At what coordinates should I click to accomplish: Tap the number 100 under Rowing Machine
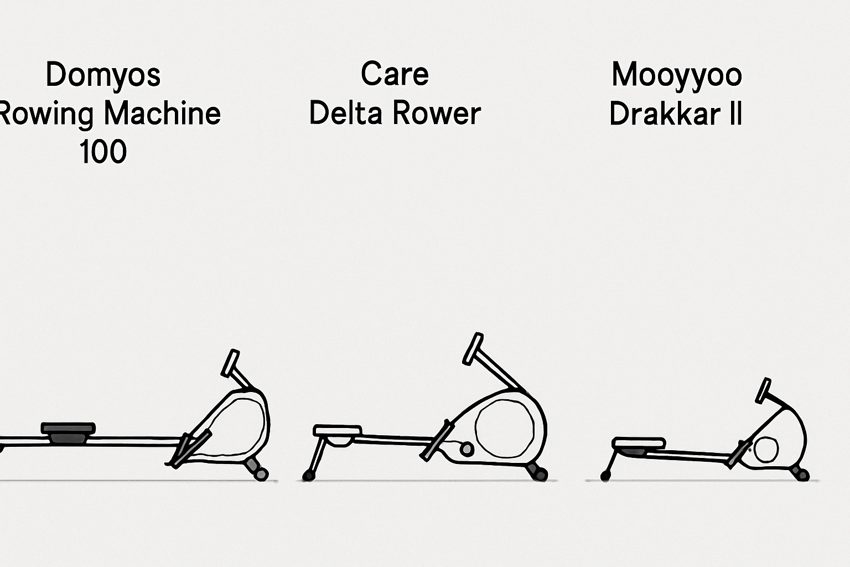click(x=103, y=152)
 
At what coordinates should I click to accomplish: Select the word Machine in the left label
click(x=162, y=113)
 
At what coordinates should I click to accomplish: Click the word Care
click(x=395, y=74)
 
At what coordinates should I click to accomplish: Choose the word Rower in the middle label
click(x=437, y=113)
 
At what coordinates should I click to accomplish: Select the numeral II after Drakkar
click(x=735, y=113)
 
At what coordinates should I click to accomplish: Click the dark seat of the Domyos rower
click(x=68, y=432)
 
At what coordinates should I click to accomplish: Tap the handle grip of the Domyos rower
click(x=230, y=363)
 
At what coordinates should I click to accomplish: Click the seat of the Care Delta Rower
click(x=338, y=431)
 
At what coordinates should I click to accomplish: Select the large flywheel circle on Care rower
click(x=504, y=429)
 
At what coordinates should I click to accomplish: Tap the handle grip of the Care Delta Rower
click(x=473, y=349)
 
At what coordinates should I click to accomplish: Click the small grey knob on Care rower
click(x=467, y=449)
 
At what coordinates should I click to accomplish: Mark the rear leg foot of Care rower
click(x=308, y=476)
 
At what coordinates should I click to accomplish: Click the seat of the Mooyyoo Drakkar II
click(x=639, y=443)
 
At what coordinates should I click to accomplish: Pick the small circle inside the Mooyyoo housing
click(x=766, y=449)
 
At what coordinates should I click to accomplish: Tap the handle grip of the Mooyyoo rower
click(x=763, y=390)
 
